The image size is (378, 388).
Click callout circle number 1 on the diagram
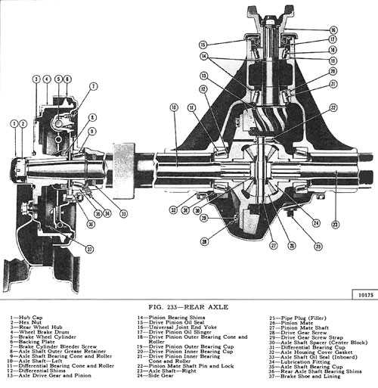tap(14, 123)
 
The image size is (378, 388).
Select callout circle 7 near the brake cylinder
tap(93, 87)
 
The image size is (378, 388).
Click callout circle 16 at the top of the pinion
tap(333, 29)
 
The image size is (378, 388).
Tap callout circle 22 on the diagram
tap(333, 109)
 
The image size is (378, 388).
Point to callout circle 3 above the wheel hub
tap(36, 79)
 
